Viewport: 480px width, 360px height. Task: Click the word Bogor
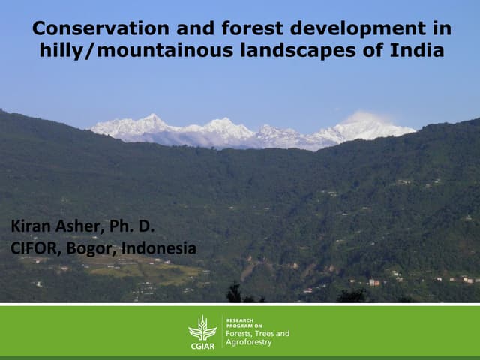92,247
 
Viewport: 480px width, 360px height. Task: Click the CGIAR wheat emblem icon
202,327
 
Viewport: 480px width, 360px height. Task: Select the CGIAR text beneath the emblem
202,345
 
